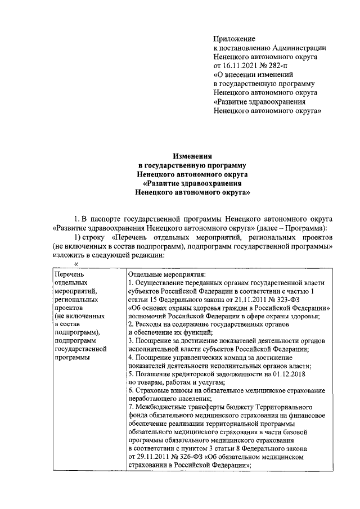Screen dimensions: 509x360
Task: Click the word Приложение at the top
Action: click(x=234, y=39)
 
